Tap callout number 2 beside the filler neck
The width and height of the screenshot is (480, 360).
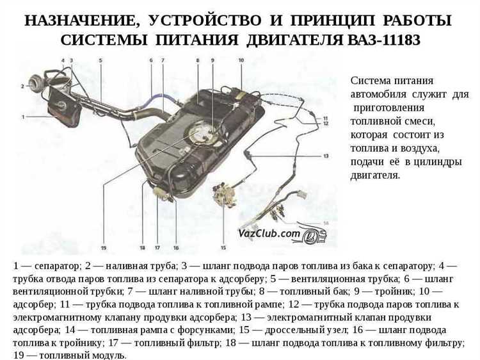[22, 86]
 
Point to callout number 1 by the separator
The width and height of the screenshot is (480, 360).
[23, 117]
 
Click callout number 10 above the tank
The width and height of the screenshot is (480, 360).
[241, 60]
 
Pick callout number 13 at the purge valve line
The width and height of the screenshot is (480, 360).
[326, 156]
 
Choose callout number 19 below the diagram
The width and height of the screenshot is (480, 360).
[104, 247]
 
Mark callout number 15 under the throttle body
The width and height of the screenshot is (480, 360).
[223, 247]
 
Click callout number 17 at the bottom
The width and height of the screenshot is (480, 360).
[157, 247]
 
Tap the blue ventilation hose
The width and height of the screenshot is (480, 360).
[159, 97]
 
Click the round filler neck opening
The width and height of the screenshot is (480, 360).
[36, 82]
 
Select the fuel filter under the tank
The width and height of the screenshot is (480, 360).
[161, 191]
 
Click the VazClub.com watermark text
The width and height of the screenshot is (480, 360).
[269, 233]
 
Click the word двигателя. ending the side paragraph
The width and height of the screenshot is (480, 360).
[375, 176]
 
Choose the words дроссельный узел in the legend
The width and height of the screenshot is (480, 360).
[307, 331]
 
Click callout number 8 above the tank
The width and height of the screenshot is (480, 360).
[198, 60]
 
